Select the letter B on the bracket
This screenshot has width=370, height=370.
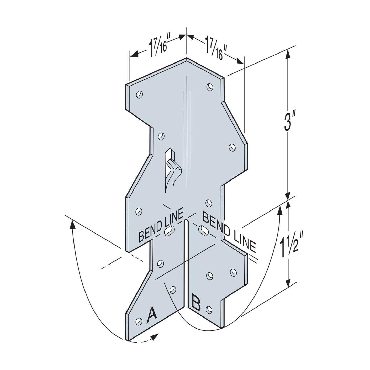tap(196, 304)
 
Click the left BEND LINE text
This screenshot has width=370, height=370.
tap(161, 225)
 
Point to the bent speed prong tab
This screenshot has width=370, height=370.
tap(173, 169)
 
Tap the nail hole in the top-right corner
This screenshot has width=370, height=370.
tap(210, 87)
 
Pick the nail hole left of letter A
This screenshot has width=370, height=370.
tap(139, 321)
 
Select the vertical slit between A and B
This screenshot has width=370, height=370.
tap(186, 264)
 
